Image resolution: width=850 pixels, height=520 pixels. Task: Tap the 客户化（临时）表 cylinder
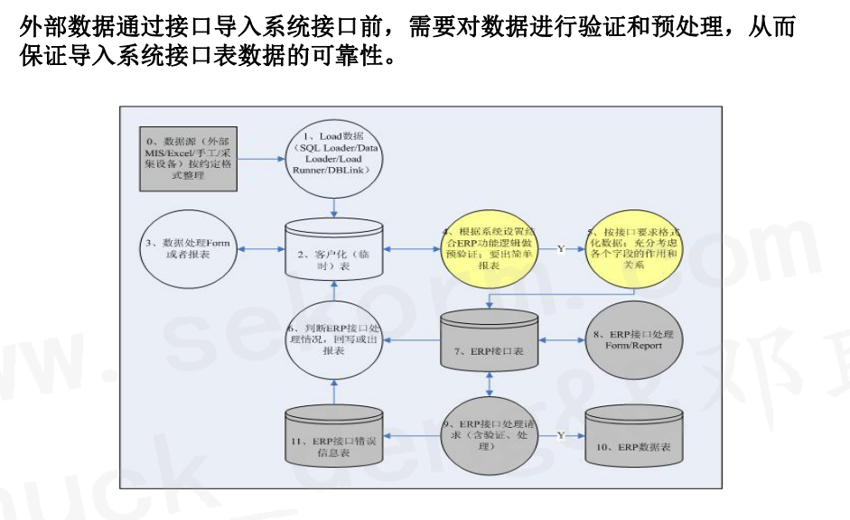[335, 251]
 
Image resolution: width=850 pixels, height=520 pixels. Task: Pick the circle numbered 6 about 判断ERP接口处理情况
[335, 341]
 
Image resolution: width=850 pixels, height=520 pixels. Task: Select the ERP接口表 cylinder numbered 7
[489, 341]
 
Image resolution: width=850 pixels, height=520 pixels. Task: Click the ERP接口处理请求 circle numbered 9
[489, 434]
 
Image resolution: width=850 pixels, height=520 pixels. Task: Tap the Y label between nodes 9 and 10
[560, 435]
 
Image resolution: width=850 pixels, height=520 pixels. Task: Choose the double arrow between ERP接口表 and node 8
[562, 340]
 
